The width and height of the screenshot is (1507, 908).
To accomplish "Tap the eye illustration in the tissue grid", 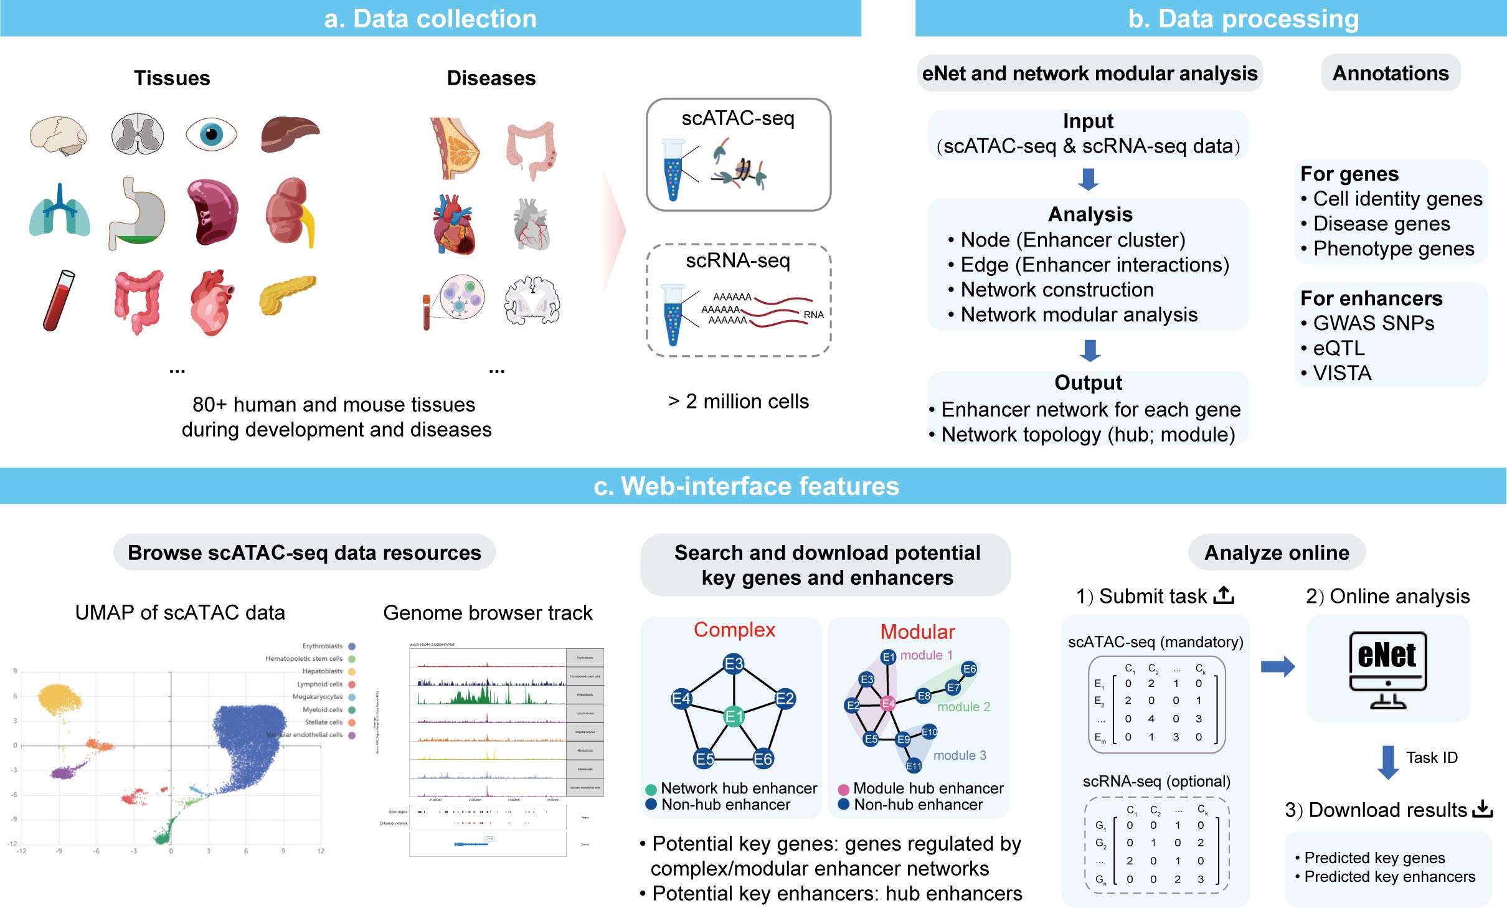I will click(211, 134).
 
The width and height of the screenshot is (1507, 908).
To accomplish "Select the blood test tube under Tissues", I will click(59, 300).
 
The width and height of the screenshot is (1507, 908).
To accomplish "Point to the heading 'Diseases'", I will click(491, 78).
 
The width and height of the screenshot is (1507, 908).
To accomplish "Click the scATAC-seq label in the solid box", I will click(738, 118).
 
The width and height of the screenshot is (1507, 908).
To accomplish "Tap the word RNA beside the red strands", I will click(813, 314).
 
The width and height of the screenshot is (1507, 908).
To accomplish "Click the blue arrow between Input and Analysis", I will click(1088, 179).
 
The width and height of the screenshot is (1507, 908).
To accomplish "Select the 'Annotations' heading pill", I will click(1390, 73).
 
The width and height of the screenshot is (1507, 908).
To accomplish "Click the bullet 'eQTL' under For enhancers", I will click(1338, 348).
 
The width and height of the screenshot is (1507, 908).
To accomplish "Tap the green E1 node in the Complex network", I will click(734, 716).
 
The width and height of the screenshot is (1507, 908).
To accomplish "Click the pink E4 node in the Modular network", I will click(887, 704).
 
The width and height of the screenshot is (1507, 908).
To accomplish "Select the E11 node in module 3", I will click(914, 766).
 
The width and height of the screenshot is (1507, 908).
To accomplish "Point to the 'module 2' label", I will click(963, 707).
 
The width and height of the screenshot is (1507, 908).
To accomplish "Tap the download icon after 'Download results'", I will click(1483, 809).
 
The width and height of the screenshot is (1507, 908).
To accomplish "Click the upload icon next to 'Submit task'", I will click(1224, 595).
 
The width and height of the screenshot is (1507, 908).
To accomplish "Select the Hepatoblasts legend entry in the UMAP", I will click(323, 671).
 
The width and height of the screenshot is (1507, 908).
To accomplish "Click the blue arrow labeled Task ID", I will click(1388, 762).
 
